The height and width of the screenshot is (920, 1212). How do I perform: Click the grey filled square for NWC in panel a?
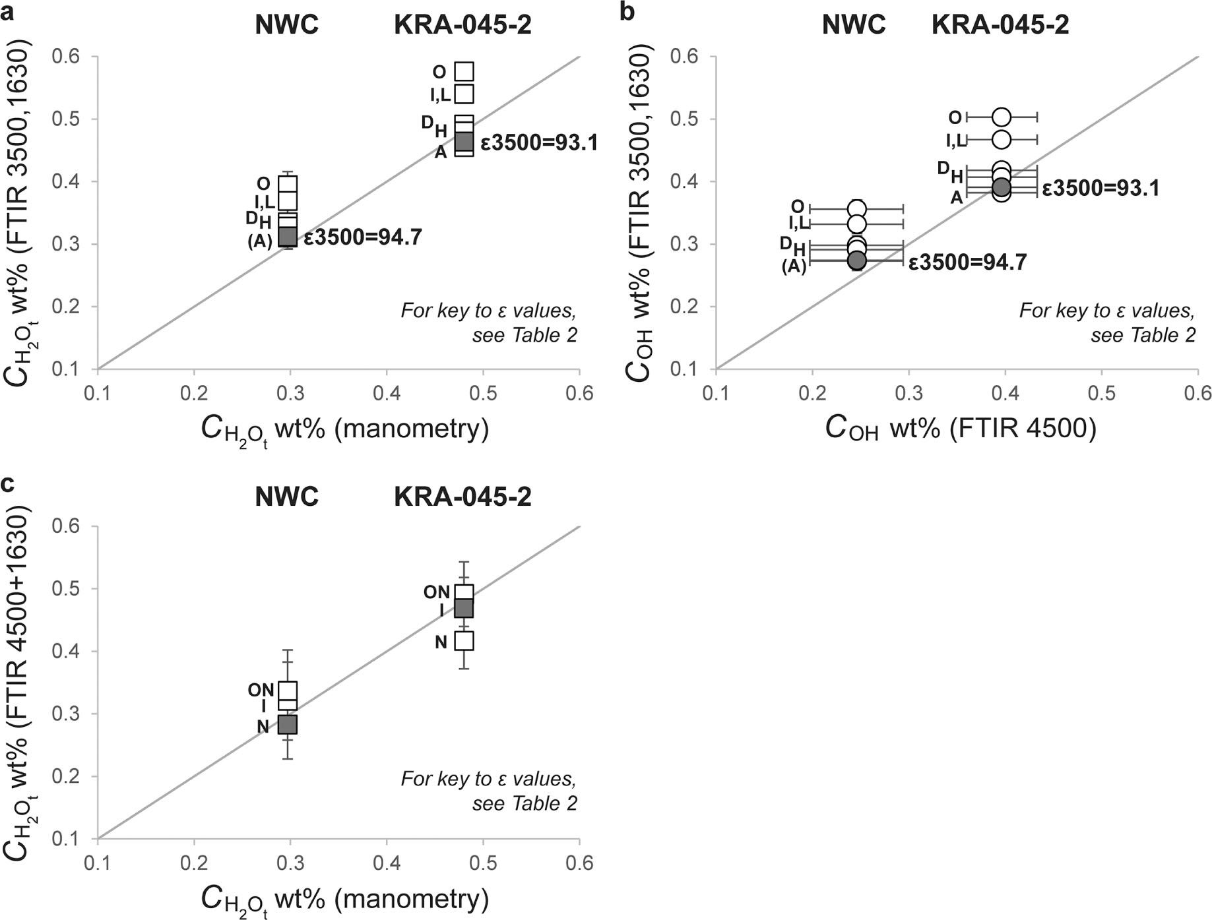288,236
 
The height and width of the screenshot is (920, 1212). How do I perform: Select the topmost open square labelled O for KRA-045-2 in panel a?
464,71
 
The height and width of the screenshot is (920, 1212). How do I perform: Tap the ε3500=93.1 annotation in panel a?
539,142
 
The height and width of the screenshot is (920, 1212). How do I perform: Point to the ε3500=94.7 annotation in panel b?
967,262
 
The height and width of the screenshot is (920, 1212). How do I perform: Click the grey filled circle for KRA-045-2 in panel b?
1002,187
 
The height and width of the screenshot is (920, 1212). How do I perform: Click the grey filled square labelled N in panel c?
288,724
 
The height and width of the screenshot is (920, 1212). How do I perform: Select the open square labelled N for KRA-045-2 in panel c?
464,640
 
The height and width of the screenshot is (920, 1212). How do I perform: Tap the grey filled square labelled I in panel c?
464,608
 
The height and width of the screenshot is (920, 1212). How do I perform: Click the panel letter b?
627,12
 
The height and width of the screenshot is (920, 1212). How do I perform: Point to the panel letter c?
8,483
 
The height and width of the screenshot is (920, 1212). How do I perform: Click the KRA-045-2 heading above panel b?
1000,25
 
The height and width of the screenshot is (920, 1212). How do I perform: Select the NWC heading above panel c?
286,496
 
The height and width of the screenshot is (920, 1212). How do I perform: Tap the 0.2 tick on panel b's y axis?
686,307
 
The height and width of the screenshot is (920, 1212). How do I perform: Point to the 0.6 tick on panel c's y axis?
66,526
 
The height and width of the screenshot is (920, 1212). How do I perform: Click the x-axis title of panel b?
960,429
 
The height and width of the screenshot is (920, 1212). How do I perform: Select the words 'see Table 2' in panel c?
525,803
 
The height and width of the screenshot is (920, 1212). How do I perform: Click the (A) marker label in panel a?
260,241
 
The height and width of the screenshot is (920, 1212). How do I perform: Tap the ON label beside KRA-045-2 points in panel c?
437,592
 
